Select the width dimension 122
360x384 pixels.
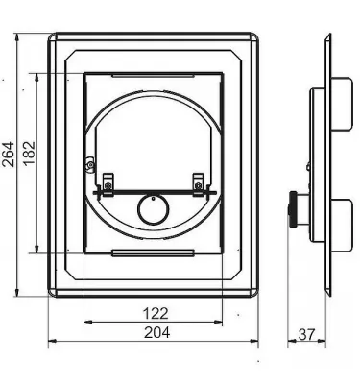pos(158,313)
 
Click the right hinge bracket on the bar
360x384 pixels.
pos(199,180)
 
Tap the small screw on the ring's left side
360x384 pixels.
pos(89,165)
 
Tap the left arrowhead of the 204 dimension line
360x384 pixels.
pos(52,339)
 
